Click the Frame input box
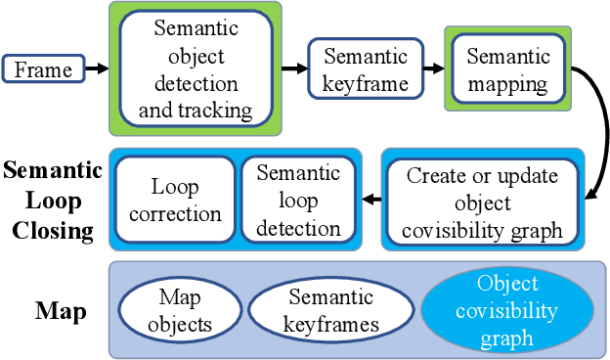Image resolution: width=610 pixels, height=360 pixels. pos(42,69)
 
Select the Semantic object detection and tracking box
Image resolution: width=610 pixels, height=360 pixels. pos(195,69)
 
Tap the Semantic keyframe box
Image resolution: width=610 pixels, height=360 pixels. pos(365,69)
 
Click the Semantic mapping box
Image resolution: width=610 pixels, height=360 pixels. pos(507,69)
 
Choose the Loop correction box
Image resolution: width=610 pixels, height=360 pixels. pos(174,200)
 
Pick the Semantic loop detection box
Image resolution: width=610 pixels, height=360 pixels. pos(297,200)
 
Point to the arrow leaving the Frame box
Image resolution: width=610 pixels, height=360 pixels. pos(95,69)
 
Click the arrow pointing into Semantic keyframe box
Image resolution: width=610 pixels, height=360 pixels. pos(292,69)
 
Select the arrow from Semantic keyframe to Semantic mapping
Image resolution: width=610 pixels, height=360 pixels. pos(433,69)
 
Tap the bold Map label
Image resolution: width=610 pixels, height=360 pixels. pos(61,312)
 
